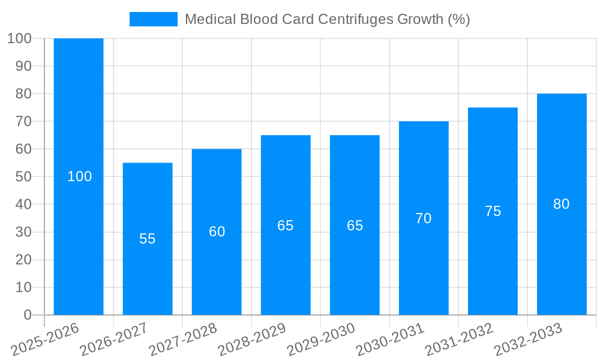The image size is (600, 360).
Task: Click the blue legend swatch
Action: tap(154, 19)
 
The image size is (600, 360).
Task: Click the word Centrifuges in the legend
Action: tap(356, 19)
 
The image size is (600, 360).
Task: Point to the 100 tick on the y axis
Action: tap(19, 38)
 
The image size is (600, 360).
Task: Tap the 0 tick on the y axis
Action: tap(27, 315)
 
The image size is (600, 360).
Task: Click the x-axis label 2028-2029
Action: tap(252, 340)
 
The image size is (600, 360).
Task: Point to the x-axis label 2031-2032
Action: tap(459, 340)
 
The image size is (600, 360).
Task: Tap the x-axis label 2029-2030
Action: tap(321, 340)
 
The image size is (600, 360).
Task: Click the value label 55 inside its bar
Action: tap(148, 239)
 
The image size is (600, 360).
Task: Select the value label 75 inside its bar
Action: tap(493, 211)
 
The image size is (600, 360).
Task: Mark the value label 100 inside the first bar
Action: tap(79, 176)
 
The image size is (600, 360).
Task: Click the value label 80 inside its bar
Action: tap(562, 204)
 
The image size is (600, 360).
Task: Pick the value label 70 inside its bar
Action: tap(424, 218)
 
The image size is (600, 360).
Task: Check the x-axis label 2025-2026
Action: tap(45, 340)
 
